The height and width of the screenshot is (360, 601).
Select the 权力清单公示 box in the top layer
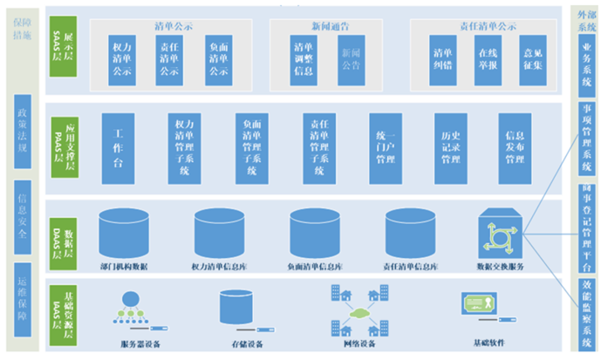(x=121, y=58)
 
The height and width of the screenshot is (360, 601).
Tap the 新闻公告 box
(x=348, y=58)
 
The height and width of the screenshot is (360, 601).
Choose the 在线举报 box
(x=488, y=58)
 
